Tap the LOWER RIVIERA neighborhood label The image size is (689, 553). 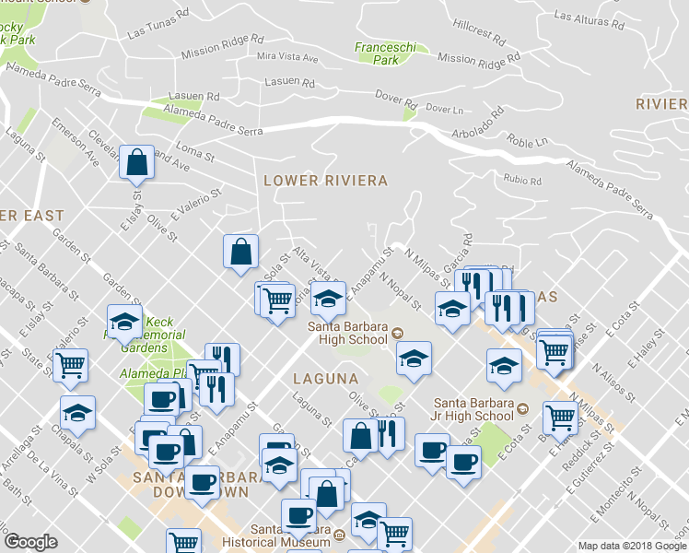click(325, 181)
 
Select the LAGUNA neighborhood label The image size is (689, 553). click(325, 378)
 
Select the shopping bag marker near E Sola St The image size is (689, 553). click(240, 251)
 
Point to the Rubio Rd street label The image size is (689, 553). click(521, 179)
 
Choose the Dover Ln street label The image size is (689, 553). click(445, 110)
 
